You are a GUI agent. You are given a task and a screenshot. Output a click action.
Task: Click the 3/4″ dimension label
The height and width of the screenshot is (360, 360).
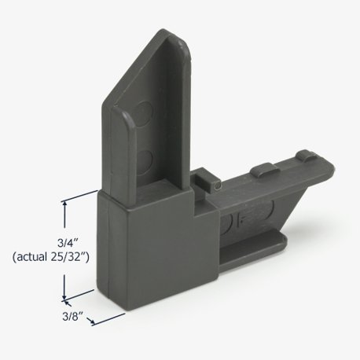coord(68,243)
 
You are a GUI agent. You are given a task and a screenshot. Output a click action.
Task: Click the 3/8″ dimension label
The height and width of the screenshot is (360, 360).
coord(72,316)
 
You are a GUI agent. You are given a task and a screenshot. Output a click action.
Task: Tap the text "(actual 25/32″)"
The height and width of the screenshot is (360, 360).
coord(51,257)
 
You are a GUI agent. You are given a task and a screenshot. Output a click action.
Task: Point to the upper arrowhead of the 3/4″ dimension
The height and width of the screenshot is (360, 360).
coord(64,204)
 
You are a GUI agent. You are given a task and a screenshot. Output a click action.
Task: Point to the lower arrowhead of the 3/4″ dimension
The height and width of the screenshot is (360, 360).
coord(64,296)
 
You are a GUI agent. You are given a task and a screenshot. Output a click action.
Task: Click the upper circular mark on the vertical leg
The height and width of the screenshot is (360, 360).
coord(144,112)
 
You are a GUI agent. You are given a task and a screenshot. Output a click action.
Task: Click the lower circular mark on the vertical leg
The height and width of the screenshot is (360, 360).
coord(145,161)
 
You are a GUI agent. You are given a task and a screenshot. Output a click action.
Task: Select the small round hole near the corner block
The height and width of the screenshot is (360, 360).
coord(217,186)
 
